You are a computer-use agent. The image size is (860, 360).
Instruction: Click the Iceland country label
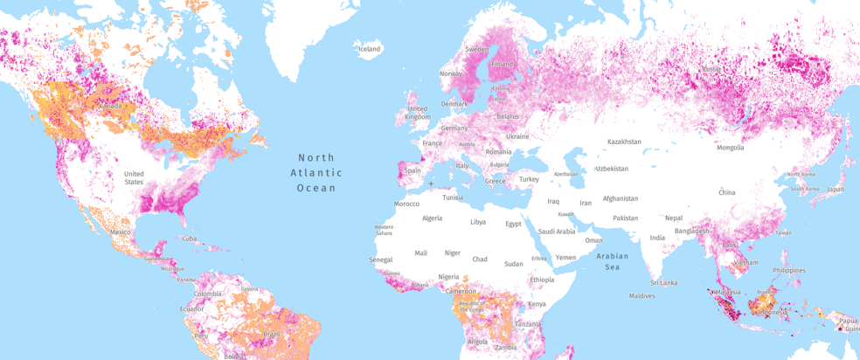pyautogui.click(x=370, y=49)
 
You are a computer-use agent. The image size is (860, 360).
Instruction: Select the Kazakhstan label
pyautogui.click(x=624, y=142)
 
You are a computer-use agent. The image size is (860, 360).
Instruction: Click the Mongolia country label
pyautogui.click(x=730, y=148)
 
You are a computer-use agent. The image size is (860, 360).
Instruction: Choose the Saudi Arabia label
pyautogui.click(x=556, y=232)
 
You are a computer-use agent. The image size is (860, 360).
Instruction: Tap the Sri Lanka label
pyautogui.click(x=663, y=282)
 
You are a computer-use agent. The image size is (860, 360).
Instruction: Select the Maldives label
pyautogui.click(x=642, y=295)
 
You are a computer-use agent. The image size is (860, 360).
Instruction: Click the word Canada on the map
pyautogui.click(x=110, y=106)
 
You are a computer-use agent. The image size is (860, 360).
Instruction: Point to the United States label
pyautogui.click(x=134, y=177)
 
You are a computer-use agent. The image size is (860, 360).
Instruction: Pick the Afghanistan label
pyautogui.click(x=620, y=198)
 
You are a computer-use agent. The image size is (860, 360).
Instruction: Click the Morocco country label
pyautogui.click(x=406, y=204)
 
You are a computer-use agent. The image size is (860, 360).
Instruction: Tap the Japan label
pyautogui.click(x=836, y=189)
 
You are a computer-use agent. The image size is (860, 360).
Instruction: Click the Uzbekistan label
pyautogui.click(x=611, y=168)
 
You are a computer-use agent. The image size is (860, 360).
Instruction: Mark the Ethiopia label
pyautogui.click(x=541, y=280)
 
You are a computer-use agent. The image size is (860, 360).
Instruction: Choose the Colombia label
pyautogui.click(x=208, y=294)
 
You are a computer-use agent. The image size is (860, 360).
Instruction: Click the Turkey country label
pyautogui.click(x=529, y=179)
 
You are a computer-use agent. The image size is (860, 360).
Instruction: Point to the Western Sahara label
pyautogui.click(x=384, y=230)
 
